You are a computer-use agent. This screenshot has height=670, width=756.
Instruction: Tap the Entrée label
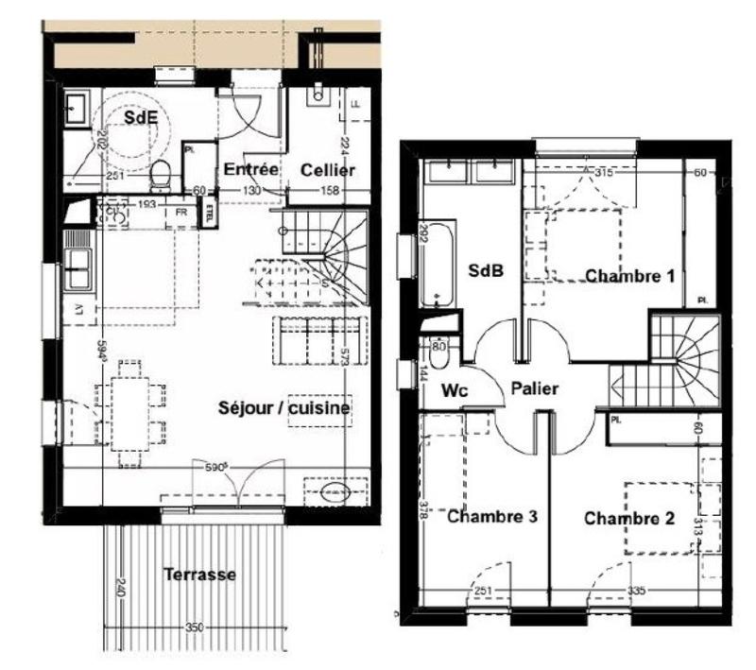249,170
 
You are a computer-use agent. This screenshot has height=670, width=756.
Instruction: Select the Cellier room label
328,170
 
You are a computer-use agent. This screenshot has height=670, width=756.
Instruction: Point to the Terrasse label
198,574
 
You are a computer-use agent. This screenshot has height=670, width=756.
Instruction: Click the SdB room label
486,270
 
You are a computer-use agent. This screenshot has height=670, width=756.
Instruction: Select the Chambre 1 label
629,276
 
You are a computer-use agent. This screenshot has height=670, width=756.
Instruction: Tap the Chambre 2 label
628,518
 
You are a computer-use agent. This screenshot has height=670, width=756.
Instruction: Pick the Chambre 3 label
492,517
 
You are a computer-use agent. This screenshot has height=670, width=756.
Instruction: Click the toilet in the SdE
160,173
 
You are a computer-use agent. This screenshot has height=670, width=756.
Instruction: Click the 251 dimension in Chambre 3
483,592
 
